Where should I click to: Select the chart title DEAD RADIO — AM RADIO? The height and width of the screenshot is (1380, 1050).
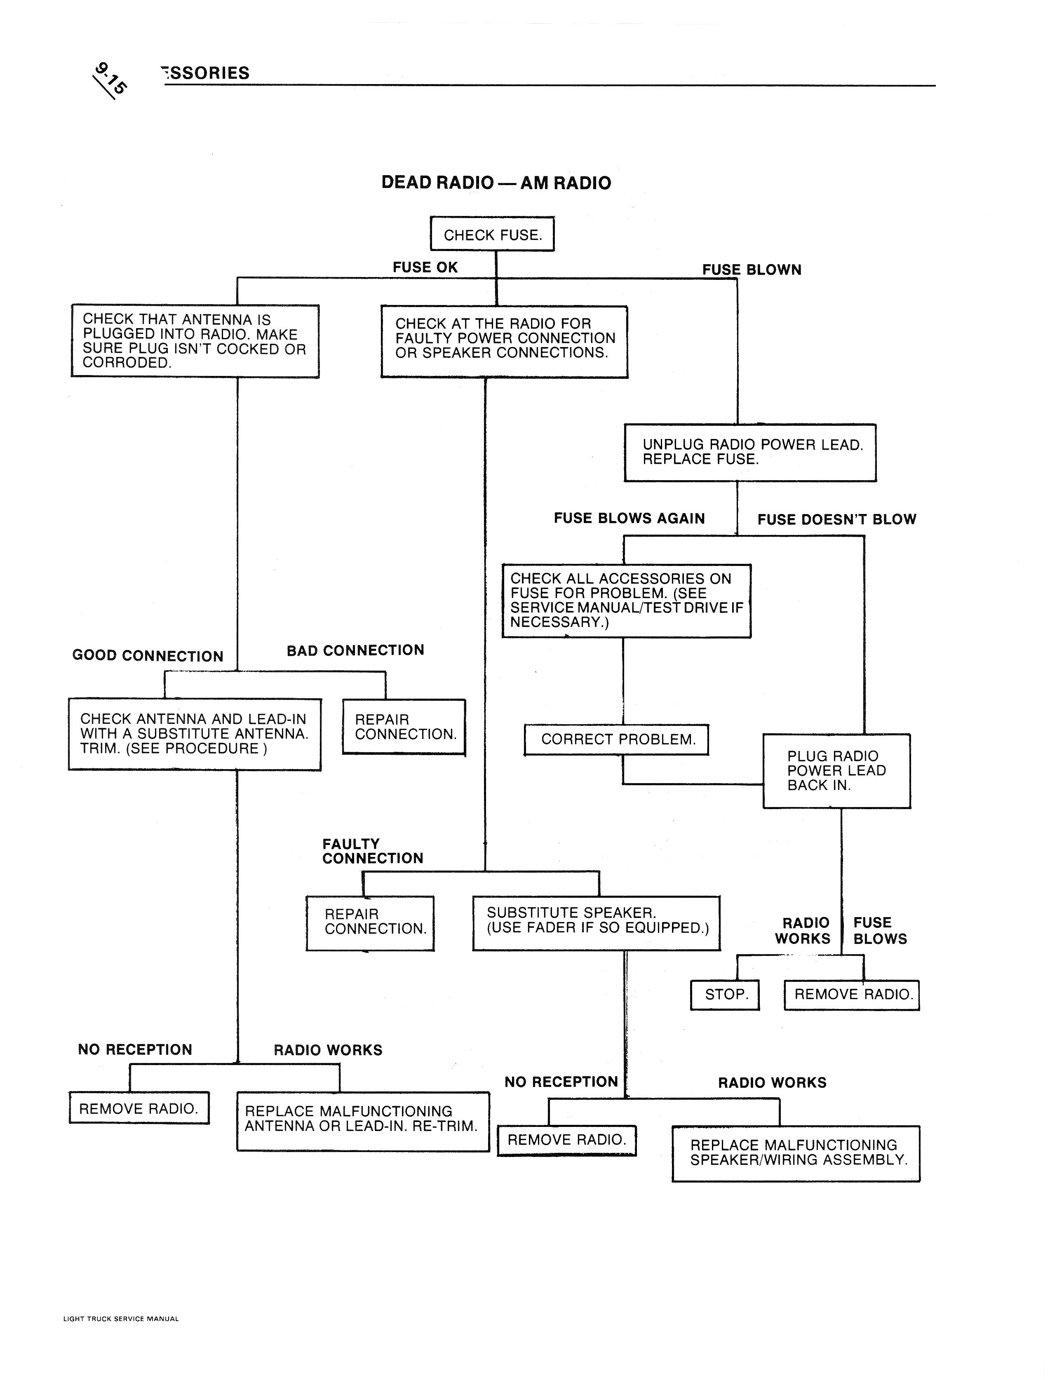point(496,183)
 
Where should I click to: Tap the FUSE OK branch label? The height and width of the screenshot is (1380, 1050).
point(425,268)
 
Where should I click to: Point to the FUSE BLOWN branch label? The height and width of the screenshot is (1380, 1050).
point(751,270)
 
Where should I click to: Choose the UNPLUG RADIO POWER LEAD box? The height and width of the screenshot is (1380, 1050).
point(750,453)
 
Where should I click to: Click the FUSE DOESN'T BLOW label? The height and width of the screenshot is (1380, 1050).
point(836,519)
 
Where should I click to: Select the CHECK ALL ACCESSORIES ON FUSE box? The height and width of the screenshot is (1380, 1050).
point(626,601)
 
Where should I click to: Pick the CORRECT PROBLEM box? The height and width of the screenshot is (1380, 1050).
point(617,740)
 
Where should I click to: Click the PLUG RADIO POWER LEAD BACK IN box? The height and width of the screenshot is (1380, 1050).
point(836,771)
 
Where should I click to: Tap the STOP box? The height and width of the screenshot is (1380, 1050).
point(725,994)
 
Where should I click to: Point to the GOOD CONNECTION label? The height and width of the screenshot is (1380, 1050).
point(148,656)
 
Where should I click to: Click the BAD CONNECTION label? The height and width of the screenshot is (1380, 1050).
point(355,650)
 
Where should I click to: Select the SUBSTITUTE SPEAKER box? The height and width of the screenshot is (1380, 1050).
point(596,923)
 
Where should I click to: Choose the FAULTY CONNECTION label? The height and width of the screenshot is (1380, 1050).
point(373,851)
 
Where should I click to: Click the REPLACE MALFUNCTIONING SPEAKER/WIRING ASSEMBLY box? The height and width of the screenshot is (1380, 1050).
point(796,1153)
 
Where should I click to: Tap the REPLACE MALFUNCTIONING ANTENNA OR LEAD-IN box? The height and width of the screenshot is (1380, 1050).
point(362,1121)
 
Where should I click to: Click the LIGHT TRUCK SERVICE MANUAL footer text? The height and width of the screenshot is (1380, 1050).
point(121,1319)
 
